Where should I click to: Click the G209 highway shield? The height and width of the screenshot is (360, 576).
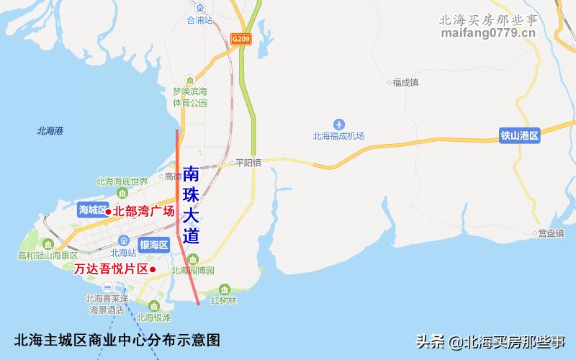click(x=240, y=37)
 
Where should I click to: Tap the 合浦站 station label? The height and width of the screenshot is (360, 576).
click(x=200, y=21)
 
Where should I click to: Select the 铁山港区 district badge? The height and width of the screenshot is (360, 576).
click(x=520, y=134)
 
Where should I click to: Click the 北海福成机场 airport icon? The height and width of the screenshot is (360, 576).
click(x=338, y=123)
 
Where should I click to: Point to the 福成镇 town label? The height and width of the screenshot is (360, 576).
click(x=405, y=82)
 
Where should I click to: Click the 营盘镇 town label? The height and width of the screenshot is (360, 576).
click(x=551, y=233)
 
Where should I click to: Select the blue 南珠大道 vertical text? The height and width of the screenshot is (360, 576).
click(x=191, y=205)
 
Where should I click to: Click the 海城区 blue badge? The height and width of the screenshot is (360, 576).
click(x=91, y=210)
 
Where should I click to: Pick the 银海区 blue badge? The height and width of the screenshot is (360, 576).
click(x=153, y=245)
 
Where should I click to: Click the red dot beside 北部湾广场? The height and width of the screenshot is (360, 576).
click(x=108, y=212)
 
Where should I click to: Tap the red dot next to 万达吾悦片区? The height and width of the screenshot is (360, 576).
click(x=153, y=269)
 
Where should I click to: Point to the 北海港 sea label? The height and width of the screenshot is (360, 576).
click(x=50, y=130)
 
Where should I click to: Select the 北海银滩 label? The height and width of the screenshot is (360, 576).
click(x=153, y=317)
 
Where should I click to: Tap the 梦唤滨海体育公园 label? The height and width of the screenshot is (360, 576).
click(x=189, y=97)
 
